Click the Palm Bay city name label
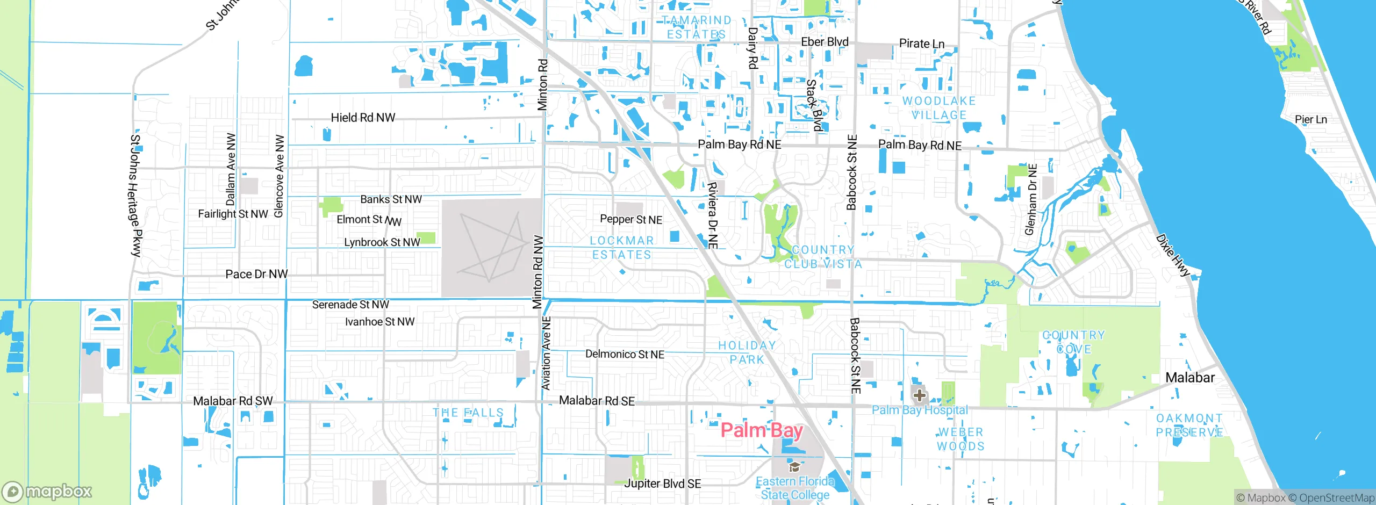pyautogui.click(x=762, y=430)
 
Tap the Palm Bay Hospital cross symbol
pyautogui.click(x=919, y=396)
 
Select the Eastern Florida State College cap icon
pyautogui.click(x=794, y=467)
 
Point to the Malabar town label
pyautogui.click(x=1189, y=378)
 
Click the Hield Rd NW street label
pyautogui.click(x=363, y=118)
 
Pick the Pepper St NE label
pyautogui.click(x=631, y=220)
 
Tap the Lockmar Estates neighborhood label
pyautogui.click(x=622, y=248)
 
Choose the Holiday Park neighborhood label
pyautogui.click(x=747, y=352)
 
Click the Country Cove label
pyautogui.click(x=1074, y=342)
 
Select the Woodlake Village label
pyautogui.click(x=939, y=108)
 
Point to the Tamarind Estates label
pyautogui.click(x=697, y=27)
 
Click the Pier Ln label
pyautogui.click(x=1310, y=119)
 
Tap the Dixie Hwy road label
pyautogui.click(x=1173, y=255)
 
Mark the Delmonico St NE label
pyautogui.click(x=625, y=355)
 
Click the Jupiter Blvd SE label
pyautogui.click(x=662, y=484)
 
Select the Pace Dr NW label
pyautogui.click(x=256, y=275)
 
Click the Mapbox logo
pyautogui.click(x=47, y=492)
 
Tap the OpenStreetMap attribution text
pyautogui.click(x=1336, y=498)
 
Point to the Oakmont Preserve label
pyautogui.click(x=1189, y=425)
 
